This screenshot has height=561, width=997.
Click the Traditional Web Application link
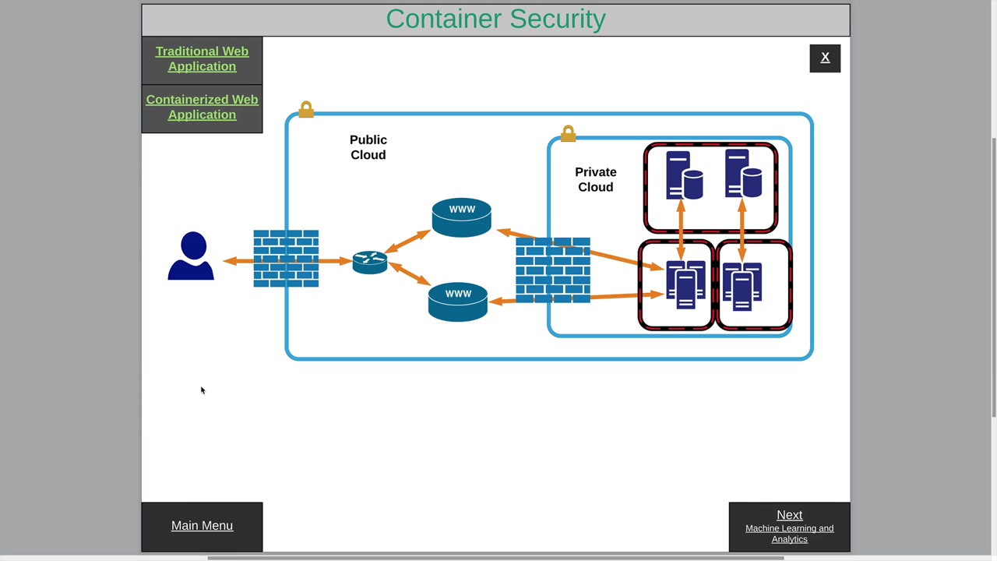(x=202, y=59)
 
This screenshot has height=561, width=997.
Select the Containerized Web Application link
(x=202, y=108)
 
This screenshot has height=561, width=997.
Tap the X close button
(x=825, y=58)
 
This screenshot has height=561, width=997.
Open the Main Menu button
(x=202, y=526)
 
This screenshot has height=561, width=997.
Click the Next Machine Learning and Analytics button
(x=789, y=527)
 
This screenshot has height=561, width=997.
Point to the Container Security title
(x=495, y=19)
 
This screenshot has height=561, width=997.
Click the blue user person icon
(x=191, y=256)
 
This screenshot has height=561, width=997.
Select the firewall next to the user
(x=286, y=259)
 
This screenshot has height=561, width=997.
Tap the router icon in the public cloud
(x=370, y=262)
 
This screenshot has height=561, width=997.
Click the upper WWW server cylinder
(x=461, y=217)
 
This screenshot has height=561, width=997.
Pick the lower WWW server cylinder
(x=458, y=302)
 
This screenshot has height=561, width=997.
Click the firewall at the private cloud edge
(x=553, y=270)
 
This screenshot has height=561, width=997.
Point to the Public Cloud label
(x=368, y=147)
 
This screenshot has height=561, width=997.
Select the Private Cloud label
(x=596, y=179)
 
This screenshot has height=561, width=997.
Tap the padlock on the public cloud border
(x=306, y=110)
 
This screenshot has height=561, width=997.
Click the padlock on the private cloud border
(x=568, y=134)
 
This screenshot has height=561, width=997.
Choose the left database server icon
(x=683, y=176)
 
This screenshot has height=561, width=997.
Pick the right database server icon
(x=742, y=175)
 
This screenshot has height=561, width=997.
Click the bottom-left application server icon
(x=685, y=285)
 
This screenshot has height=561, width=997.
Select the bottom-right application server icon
(x=742, y=286)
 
